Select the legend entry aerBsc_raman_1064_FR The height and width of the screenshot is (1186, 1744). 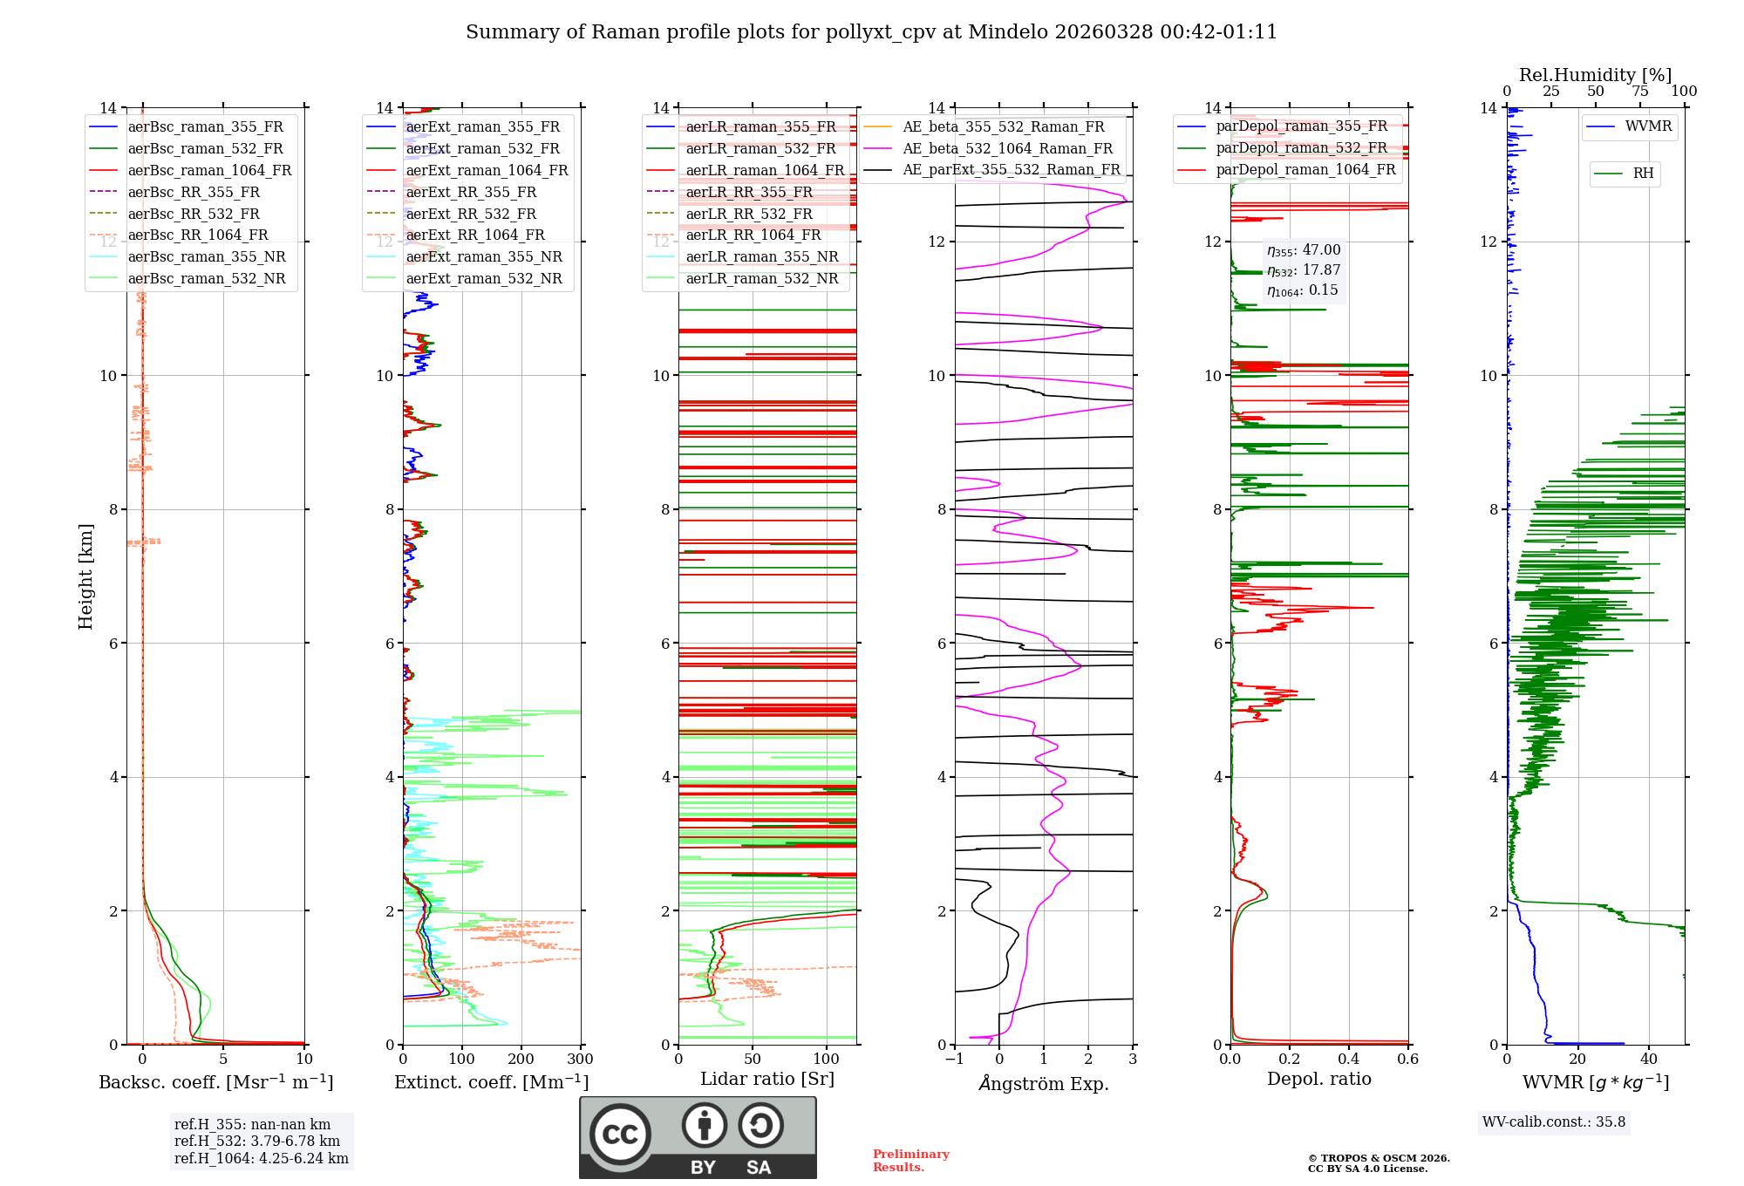pyautogui.click(x=209, y=170)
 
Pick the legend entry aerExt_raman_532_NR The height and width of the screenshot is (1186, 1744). pyautogui.click(x=484, y=278)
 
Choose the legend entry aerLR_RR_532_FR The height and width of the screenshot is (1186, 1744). pyautogui.click(x=749, y=214)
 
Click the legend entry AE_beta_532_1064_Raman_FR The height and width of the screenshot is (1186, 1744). pyautogui.click(x=1007, y=148)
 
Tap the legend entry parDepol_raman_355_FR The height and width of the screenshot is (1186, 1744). pyautogui.click(x=1301, y=126)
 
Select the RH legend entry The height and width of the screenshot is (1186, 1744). pyautogui.click(x=1643, y=174)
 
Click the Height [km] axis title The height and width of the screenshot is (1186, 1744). pyautogui.click(x=85, y=576)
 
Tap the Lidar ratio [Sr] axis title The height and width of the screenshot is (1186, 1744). pyautogui.click(x=767, y=1079)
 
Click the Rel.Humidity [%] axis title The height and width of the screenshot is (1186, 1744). pyautogui.click(x=1595, y=75)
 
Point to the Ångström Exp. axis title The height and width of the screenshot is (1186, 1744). pyautogui.click(x=1044, y=1083)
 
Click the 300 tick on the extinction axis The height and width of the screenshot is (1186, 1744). pyautogui.click(x=580, y=1059)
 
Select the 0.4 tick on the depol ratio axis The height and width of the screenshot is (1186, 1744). pyautogui.click(x=1349, y=1059)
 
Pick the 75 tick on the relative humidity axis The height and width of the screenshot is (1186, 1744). pyautogui.click(x=1640, y=91)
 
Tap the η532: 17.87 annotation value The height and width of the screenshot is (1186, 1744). pyautogui.click(x=1304, y=270)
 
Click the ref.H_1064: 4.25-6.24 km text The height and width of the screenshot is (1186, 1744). pyautogui.click(x=261, y=1158)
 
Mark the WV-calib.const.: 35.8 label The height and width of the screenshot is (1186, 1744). pyautogui.click(x=1554, y=1121)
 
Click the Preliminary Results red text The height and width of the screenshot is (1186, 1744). pyautogui.click(x=910, y=1160)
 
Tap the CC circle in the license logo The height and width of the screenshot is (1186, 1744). pyautogui.click(x=620, y=1135)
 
